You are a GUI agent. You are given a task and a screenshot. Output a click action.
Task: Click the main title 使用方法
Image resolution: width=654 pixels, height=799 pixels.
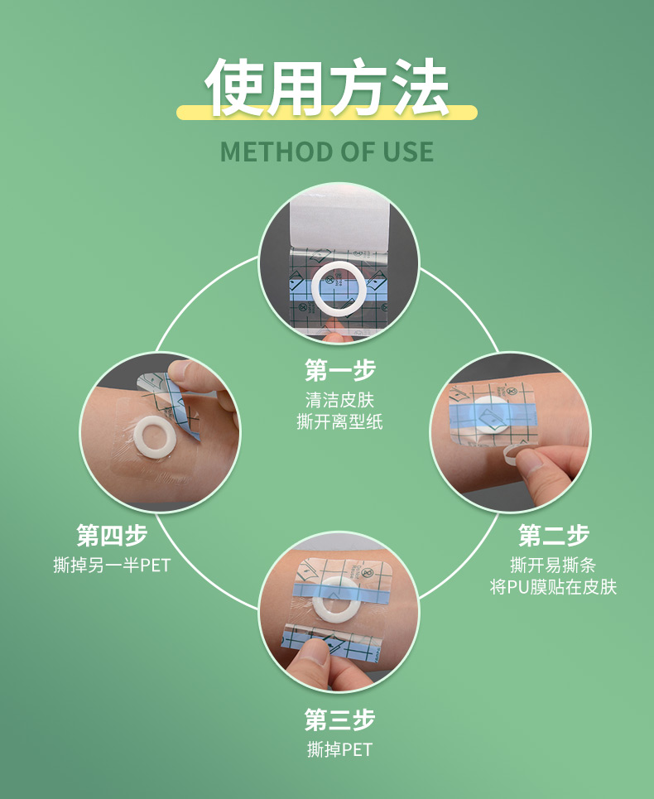(x=327, y=86)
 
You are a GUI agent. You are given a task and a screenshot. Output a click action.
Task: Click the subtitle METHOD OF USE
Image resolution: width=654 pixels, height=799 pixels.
(x=327, y=152)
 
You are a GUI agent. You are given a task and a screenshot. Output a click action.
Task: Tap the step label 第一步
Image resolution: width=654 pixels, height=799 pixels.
(x=339, y=370)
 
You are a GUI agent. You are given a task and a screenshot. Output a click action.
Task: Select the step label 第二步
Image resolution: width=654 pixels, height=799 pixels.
(x=554, y=536)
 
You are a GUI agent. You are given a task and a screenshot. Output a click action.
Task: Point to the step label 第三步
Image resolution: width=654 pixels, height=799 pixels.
(x=339, y=720)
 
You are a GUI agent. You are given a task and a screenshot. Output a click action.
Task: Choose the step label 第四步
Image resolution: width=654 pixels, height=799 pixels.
(x=112, y=536)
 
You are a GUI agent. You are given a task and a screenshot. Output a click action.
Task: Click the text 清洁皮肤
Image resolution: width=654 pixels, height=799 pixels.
(x=339, y=400)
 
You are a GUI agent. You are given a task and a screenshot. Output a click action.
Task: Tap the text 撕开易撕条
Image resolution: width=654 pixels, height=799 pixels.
(x=554, y=566)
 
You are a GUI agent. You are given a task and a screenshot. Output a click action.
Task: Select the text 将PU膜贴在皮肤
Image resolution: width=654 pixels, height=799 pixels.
(x=554, y=587)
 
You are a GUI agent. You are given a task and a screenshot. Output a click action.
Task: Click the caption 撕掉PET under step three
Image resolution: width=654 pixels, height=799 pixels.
(x=339, y=750)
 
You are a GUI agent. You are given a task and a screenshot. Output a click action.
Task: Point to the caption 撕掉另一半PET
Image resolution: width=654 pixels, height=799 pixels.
(x=112, y=566)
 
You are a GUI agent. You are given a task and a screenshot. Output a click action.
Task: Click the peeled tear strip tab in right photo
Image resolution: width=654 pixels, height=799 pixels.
(x=519, y=453)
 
